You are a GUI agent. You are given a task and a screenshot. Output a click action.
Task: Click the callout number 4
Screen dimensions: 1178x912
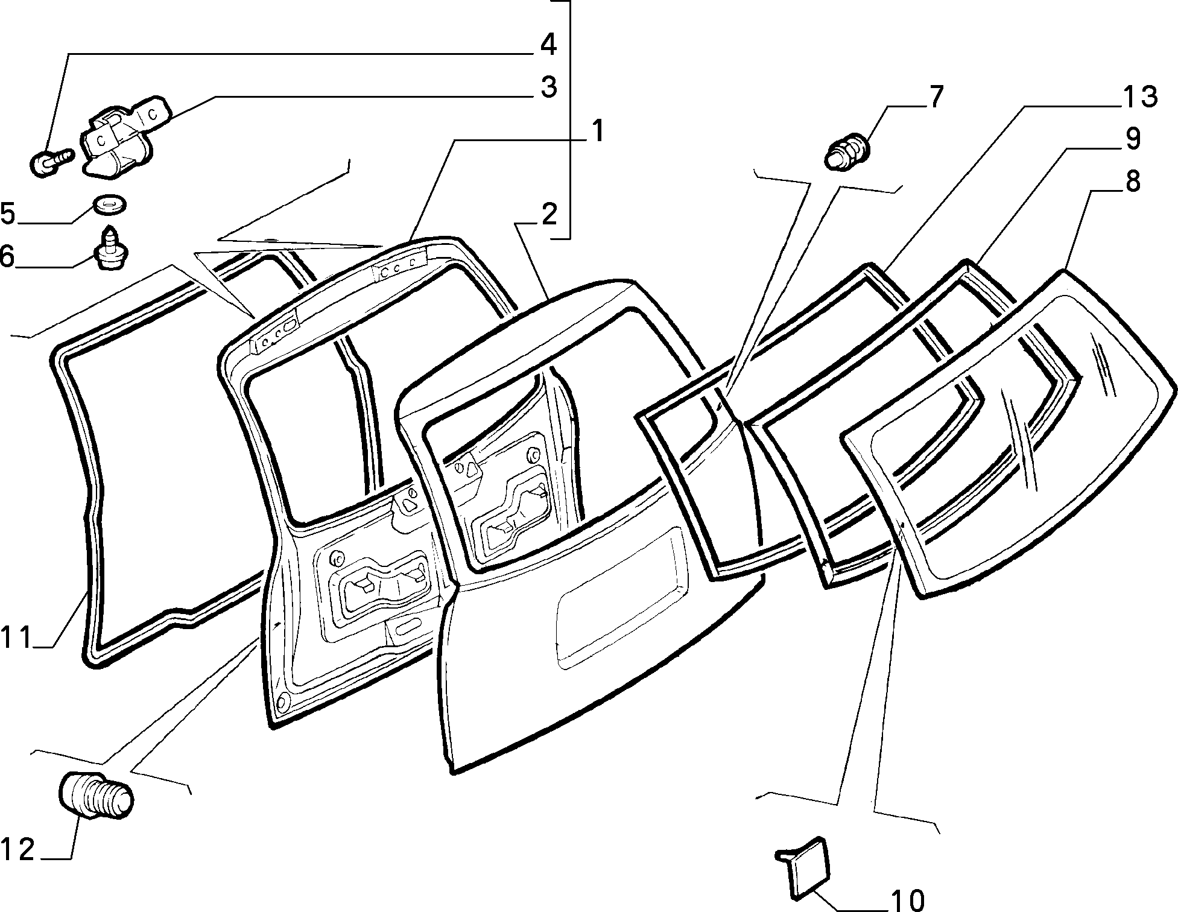[548, 46]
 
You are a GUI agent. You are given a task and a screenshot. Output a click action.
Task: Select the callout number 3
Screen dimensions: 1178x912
[548, 88]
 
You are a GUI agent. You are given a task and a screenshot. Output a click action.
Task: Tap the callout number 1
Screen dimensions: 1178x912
[597, 131]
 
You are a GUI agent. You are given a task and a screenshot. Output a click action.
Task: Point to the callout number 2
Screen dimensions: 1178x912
[548, 215]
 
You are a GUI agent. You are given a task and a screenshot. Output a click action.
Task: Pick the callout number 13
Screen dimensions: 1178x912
[1141, 97]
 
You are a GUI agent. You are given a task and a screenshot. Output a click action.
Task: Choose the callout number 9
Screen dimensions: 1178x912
[1132, 139]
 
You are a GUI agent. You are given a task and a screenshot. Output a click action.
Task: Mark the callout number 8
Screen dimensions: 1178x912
[1132, 181]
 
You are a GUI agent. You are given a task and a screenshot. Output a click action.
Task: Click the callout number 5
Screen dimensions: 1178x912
[8, 214]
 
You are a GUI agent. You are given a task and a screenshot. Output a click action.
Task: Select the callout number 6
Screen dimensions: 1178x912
[7, 256]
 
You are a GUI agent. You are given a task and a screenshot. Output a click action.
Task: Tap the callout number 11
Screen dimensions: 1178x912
[16, 638]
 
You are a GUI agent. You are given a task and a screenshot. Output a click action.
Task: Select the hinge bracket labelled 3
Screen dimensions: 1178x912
[126, 136]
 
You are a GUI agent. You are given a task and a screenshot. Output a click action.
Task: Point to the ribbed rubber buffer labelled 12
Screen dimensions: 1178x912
[97, 794]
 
